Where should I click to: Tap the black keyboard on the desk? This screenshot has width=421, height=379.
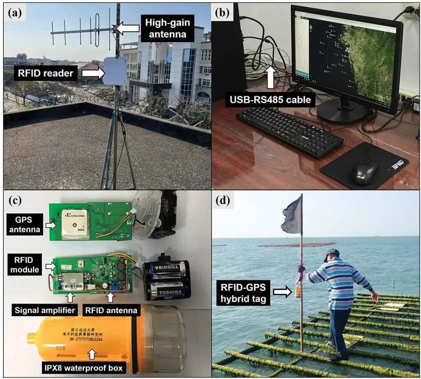[x=289, y=131]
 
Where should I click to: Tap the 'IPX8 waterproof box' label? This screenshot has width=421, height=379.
[x=91, y=367]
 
